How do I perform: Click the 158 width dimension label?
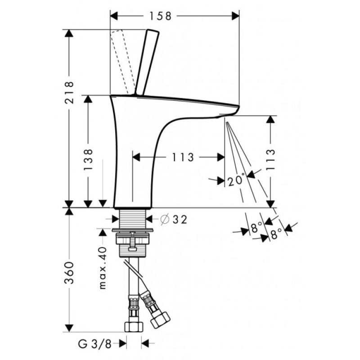(160, 16)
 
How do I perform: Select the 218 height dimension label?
(69, 93)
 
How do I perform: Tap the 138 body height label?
(88, 160)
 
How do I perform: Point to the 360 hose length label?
(69, 273)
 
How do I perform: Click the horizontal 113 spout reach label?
(183, 157)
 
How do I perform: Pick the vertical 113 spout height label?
(270, 159)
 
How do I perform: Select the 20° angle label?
(236, 180)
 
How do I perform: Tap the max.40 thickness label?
(103, 268)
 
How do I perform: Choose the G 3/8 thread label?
(95, 344)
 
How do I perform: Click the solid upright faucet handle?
(147, 62)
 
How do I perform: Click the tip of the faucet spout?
(238, 107)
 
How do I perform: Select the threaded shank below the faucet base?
(133, 218)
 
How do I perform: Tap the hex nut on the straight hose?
(134, 327)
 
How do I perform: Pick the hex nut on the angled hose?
(160, 319)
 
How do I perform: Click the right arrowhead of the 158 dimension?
(235, 16)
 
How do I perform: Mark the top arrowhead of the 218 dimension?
(69, 33)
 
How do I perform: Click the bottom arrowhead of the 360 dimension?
(69, 328)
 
